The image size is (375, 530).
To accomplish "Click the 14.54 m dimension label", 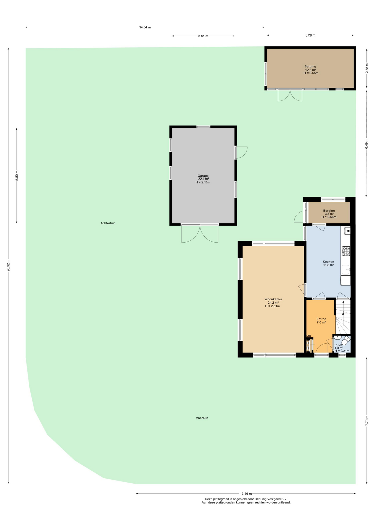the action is (145, 27).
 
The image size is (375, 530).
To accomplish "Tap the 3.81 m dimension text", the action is (203, 36).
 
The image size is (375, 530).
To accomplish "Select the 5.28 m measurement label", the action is (310, 35).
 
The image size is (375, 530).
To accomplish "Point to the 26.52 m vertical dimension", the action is (8, 265).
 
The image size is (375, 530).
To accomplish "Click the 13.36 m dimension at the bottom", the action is (246, 494).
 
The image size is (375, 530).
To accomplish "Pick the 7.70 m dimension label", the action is (367, 421).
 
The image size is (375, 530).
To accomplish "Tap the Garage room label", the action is (203, 176).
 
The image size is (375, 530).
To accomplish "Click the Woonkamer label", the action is (273, 299).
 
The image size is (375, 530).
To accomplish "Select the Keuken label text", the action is (328, 262).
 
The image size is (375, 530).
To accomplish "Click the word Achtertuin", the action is (108, 223).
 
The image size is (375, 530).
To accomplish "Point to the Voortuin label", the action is (202, 418).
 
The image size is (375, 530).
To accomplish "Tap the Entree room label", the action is (321, 319).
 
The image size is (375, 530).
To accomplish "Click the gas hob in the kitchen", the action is (346, 251).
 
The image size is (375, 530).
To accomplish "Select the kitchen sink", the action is (346, 270).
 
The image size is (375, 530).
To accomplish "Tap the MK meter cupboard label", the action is (309, 336).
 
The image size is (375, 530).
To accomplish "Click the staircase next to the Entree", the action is (343, 317).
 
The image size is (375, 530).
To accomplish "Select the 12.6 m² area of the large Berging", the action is (310, 70).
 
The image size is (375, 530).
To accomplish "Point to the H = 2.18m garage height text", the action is (203, 182).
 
